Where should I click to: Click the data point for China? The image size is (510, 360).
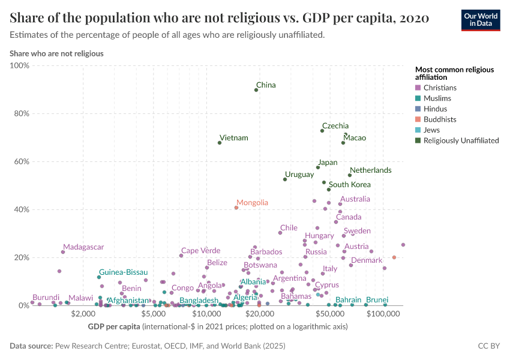pos(256,89)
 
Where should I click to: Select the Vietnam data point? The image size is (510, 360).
pos(220,143)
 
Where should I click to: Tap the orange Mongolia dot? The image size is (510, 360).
pos(236,208)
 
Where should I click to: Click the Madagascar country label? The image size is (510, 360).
pos(83,247)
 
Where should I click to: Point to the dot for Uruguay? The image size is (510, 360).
pos(285,179)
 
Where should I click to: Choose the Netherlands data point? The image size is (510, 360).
pos(350,175)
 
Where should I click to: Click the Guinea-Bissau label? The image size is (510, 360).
pos(123,272)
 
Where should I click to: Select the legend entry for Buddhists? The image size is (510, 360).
pos(440,119)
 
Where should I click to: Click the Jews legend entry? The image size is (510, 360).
pos(431,130)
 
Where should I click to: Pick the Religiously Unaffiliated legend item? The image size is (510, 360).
pos(461,140)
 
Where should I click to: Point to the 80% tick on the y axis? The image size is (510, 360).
pos(21,113)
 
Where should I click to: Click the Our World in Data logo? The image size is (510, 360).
pos(481,20)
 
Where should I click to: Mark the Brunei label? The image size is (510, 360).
pos(377,299)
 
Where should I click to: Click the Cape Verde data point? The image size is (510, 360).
pos(181,256)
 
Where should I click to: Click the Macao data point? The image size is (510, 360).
pos(343,143)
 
